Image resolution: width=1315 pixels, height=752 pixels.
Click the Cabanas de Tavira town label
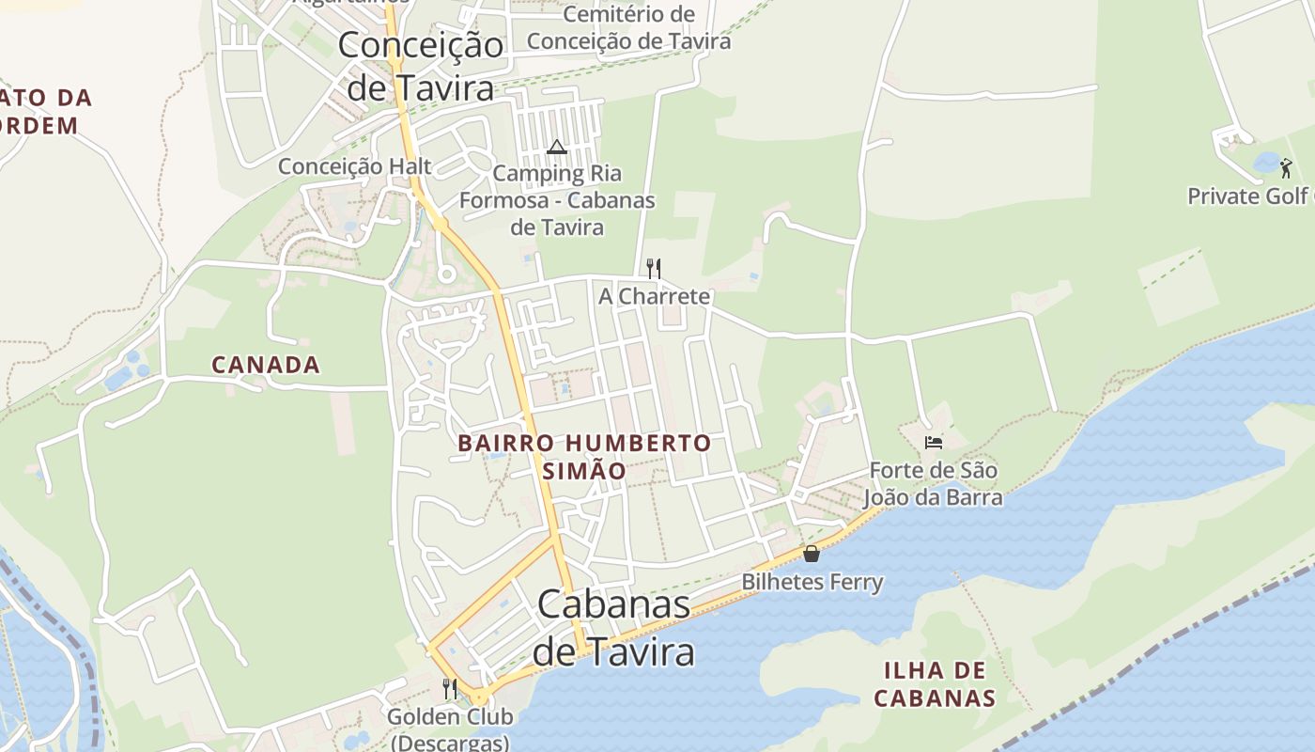[x=614, y=628]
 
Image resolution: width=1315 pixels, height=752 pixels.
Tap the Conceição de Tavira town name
[x=420, y=66]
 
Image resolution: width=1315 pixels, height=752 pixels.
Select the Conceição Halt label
[x=354, y=166]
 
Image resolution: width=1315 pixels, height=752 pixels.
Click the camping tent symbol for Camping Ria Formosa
[x=557, y=147]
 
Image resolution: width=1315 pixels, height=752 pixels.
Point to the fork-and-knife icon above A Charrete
[x=654, y=269]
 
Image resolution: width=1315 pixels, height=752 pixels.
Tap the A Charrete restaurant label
[x=655, y=296]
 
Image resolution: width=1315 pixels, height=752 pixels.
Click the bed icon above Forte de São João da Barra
[x=933, y=442]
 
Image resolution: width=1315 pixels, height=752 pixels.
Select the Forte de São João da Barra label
[x=933, y=483]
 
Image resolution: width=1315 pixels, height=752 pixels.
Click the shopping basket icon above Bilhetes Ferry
[x=812, y=554]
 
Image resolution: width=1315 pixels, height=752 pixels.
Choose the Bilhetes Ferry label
[x=812, y=582]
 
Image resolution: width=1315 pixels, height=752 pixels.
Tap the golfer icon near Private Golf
[x=1286, y=169]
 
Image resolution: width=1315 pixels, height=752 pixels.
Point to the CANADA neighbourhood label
[x=266, y=365]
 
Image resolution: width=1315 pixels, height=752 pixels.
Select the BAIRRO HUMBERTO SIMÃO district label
[x=584, y=456]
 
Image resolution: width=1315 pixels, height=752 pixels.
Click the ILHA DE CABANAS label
[x=935, y=684]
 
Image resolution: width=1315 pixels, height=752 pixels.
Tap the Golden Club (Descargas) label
[x=450, y=729]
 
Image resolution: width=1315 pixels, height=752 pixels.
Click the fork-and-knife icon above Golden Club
[x=450, y=689]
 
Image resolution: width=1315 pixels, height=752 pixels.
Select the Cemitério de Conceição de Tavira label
[x=628, y=28]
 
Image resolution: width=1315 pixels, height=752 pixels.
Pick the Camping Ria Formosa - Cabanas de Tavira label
[x=557, y=200]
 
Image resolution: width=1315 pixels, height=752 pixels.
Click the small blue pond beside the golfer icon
[x=1266, y=164]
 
